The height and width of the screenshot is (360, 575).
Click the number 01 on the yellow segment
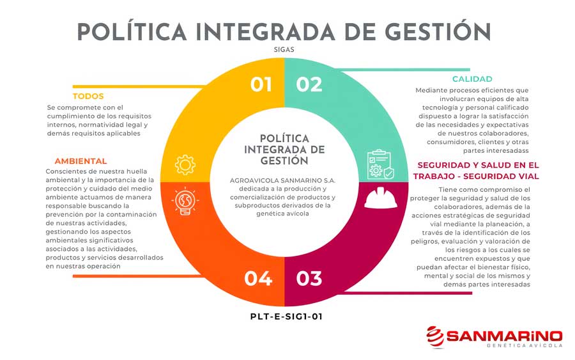click(x=261, y=84)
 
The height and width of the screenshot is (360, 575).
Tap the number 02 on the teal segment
click(x=309, y=84)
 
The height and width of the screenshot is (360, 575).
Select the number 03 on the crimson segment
click(x=309, y=278)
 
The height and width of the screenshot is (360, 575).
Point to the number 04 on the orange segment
click(x=259, y=278)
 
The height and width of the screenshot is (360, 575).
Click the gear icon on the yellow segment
click(x=185, y=165)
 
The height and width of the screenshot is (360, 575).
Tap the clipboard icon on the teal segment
click(x=381, y=164)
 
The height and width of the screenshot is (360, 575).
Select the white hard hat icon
click(x=381, y=198)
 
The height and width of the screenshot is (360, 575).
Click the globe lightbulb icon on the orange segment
click(x=185, y=201)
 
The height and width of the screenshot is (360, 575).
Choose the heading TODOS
click(x=88, y=96)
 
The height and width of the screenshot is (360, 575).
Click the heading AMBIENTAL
click(x=80, y=161)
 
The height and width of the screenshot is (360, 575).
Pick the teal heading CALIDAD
click(x=472, y=79)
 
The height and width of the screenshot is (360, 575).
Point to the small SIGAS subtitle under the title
click(x=284, y=49)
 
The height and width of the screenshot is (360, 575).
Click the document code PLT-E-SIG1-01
click(x=286, y=317)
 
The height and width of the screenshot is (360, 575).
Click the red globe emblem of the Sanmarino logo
click(x=435, y=337)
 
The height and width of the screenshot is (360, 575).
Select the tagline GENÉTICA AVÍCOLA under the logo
click(x=525, y=345)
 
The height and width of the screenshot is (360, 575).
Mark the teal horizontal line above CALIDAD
click(x=403, y=69)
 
